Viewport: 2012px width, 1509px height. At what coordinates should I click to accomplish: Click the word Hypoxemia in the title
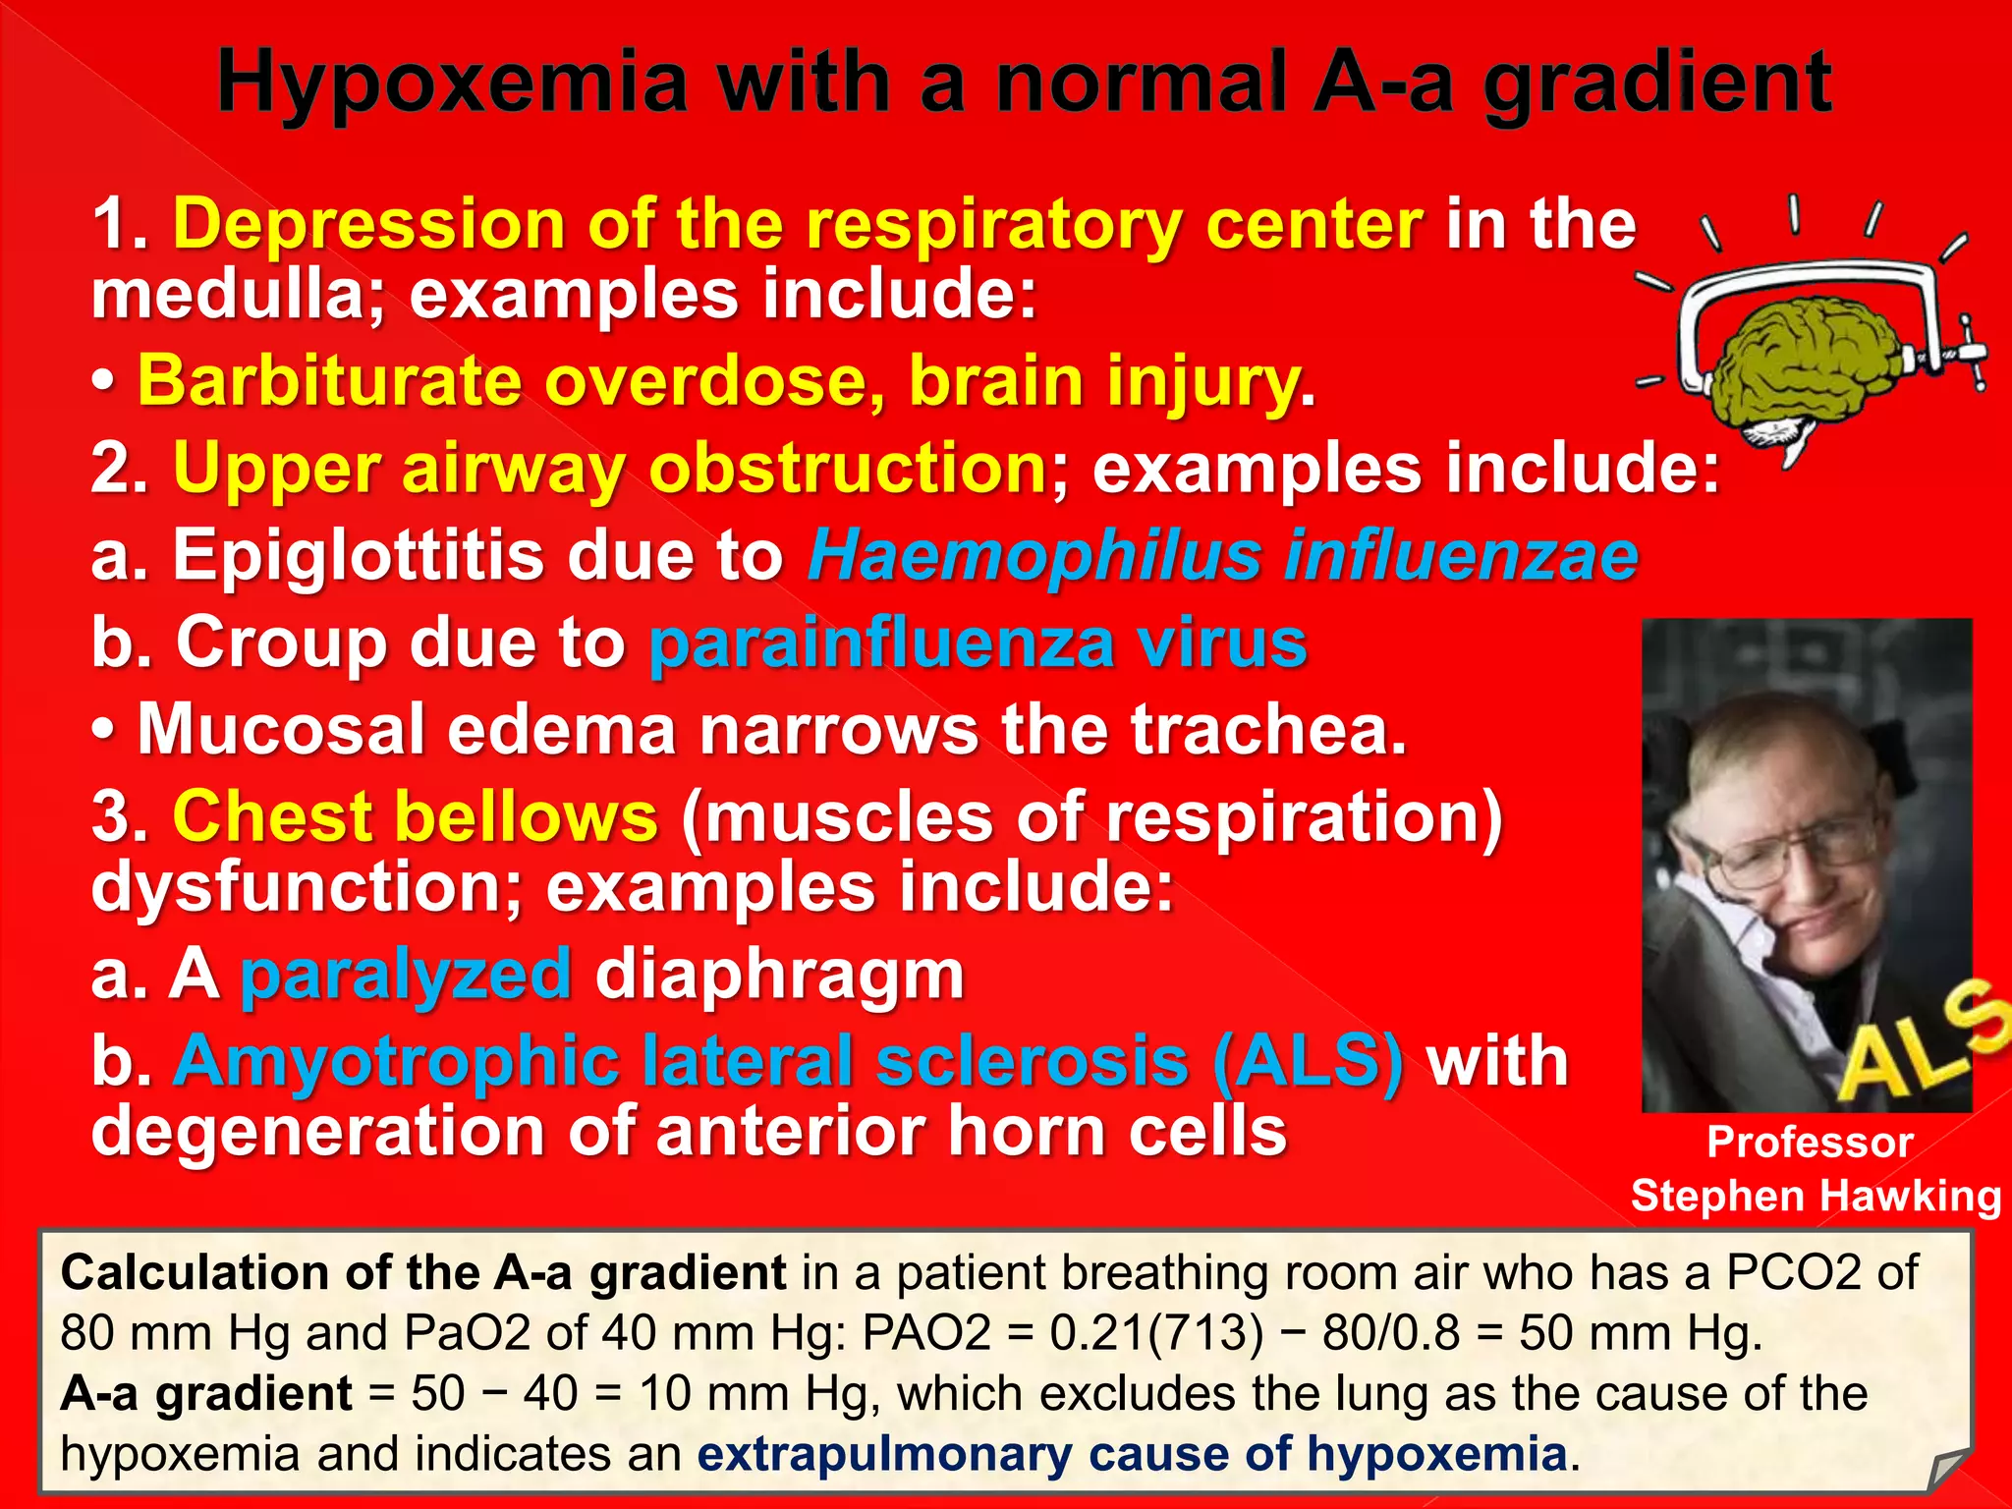452,84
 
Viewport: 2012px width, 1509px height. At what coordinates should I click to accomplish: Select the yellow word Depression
368,224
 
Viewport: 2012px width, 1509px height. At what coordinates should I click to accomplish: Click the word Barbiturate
329,380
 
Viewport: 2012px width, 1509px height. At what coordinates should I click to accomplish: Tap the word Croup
281,643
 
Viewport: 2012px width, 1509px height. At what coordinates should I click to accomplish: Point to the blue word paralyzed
406,975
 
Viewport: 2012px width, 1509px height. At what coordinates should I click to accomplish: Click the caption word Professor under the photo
1810,1143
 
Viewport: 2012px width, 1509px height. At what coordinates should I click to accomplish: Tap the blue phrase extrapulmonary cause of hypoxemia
1131,1454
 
